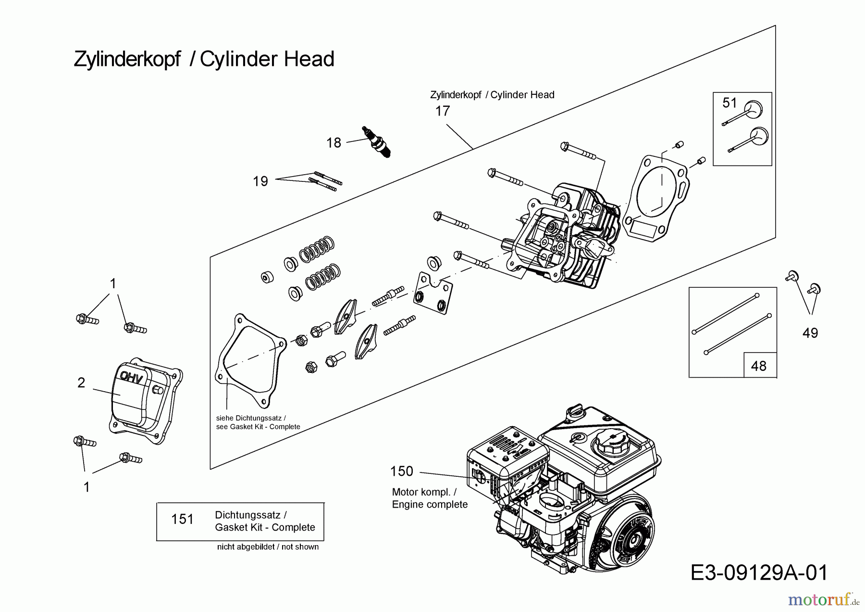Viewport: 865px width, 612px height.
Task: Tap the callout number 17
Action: (x=442, y=111)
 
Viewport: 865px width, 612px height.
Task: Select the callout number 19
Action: (x=260, y=181)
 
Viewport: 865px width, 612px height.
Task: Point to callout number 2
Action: (x=81, y=382)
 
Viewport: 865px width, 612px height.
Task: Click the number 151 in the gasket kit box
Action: (x=183, y=519)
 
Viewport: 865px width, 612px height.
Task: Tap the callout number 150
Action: (x=402, y=471)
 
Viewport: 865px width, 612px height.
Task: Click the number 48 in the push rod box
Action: (x=758, y=366)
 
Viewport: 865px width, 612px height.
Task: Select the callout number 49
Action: (x=810, y=333)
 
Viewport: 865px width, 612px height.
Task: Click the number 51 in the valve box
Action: (x=729, y=102)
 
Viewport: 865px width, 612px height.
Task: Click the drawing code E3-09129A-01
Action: (x=759, y=573)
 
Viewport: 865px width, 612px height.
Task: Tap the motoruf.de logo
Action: (x=823, y=599)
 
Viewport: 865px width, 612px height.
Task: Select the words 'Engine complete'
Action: (x=430, y=504)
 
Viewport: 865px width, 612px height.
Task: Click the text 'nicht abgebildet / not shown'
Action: (x=268, y=547)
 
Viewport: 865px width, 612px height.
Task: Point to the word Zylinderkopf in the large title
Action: (x=127, y=59)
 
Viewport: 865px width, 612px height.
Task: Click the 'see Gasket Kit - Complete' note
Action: (x=258, y=427)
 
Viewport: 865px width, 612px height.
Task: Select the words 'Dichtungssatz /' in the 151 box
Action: (x=251, y=515)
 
